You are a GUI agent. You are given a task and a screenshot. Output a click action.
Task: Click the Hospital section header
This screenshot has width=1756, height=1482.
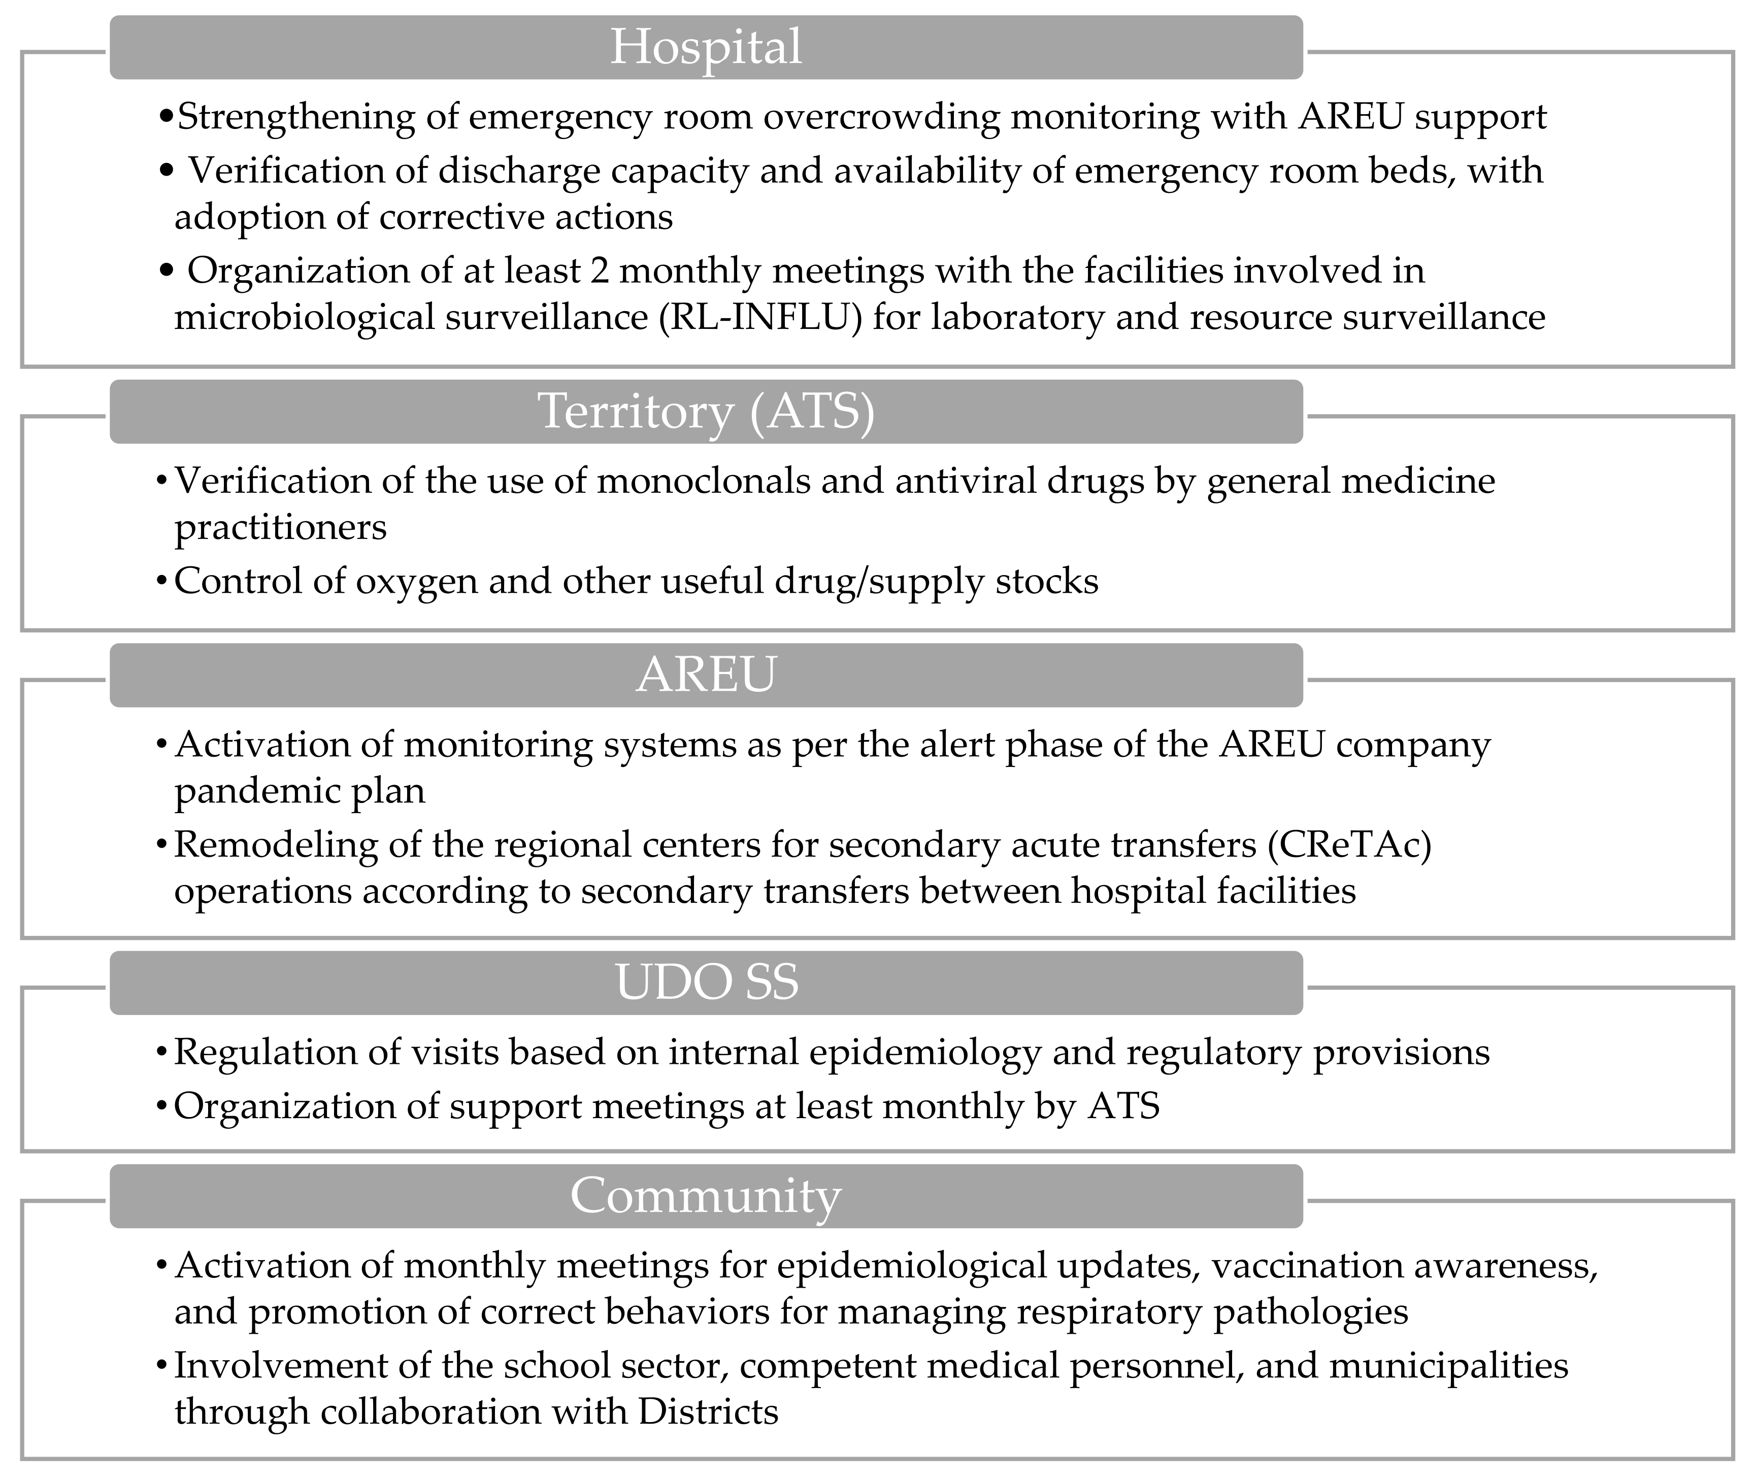pos(706,47)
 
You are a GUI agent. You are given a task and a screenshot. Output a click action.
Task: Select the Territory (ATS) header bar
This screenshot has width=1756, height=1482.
pos(706,412)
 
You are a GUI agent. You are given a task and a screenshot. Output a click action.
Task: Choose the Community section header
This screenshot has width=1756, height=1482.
pos(706,1196)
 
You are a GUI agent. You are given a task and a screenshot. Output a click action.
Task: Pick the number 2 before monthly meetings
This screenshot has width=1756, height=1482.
pos(598,272)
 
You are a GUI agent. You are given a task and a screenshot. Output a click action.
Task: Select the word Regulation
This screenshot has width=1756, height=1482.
pos(275,1053)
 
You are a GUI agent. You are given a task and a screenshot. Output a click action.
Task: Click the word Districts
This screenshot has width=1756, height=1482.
pos(708,1412)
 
